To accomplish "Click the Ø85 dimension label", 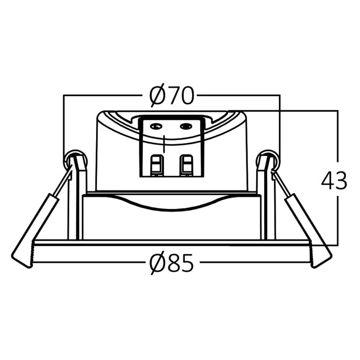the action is point(172,263).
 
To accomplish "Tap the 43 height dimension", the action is point(334,180).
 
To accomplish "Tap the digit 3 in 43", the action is point(341,180).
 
